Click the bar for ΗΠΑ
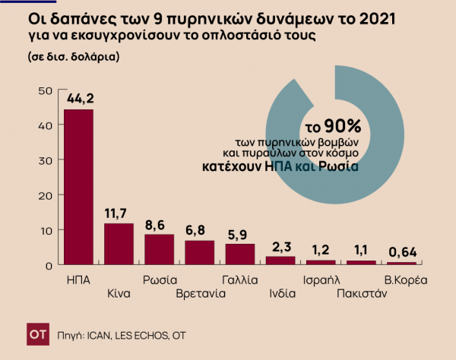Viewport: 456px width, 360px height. click(78, 187)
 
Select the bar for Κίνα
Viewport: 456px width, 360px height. click(119, 244)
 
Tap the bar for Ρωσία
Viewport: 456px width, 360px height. click(159, 249)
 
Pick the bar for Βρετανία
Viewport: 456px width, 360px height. click(199, 252)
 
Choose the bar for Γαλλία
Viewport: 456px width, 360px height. click(240, 254)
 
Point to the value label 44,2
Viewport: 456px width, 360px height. click(78, 98)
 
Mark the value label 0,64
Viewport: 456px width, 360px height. click(401, 252)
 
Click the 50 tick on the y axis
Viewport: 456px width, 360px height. click(44, 90)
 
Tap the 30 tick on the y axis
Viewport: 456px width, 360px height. click(44, 160)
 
